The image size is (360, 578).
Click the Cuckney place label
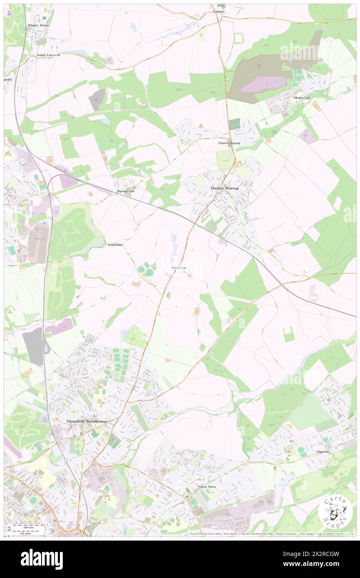click(219, 11)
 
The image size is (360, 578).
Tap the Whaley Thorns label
click(39, 25)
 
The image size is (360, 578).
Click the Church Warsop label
click(229, 143)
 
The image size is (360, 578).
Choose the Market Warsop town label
click(224, 188)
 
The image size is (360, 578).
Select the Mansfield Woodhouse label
click(87, 421)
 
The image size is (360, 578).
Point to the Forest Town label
click(207, 487)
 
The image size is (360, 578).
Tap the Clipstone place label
click(323, 452)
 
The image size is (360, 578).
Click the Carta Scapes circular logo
click(335, 512)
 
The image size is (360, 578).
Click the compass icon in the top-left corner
click(9, 12)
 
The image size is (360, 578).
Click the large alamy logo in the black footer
click(42, 559)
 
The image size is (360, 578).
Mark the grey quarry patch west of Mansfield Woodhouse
click(33, 346)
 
